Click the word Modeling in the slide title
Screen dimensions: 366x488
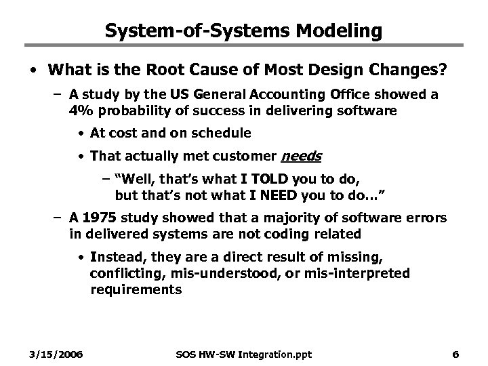[x=338, y=30]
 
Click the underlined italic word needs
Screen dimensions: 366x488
[x=301, y=157]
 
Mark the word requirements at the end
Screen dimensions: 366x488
[x=136, y=289]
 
